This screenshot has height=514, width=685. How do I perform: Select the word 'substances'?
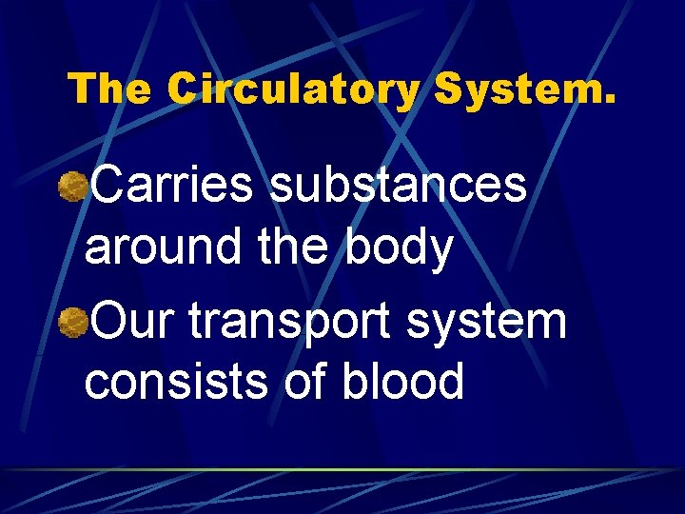point(399,186)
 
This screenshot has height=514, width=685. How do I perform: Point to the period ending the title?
point(609,100)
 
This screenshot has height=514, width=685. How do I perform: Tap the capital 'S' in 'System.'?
point(450,90)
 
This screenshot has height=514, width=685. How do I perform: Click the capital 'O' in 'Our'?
point(109,322)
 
